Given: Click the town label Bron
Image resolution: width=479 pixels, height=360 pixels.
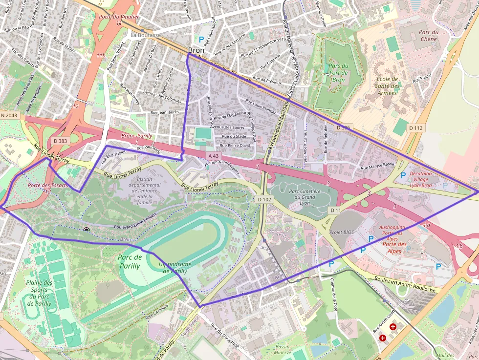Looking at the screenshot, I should tap(196, 50).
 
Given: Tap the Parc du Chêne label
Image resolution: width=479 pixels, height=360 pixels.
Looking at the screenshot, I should tap(428, 36).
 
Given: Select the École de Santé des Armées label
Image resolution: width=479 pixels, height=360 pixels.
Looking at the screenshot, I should tap(388, 86).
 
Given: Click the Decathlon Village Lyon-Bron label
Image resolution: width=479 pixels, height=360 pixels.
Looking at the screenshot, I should tap(420, 179).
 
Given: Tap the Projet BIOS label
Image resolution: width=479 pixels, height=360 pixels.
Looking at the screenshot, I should tap(342, 232).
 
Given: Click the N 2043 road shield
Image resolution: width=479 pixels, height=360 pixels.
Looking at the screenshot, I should tap(9, 115).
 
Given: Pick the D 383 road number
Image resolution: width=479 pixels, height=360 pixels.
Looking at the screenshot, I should tap(60, 141).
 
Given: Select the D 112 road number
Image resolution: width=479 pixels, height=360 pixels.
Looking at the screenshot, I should tap(415, 127).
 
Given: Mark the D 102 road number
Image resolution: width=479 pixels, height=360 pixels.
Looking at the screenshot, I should tap(264, 199).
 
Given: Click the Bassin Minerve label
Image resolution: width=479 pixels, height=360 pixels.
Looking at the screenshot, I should tap(282, 349).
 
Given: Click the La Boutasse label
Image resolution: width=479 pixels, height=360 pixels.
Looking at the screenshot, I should tap(146, 35).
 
